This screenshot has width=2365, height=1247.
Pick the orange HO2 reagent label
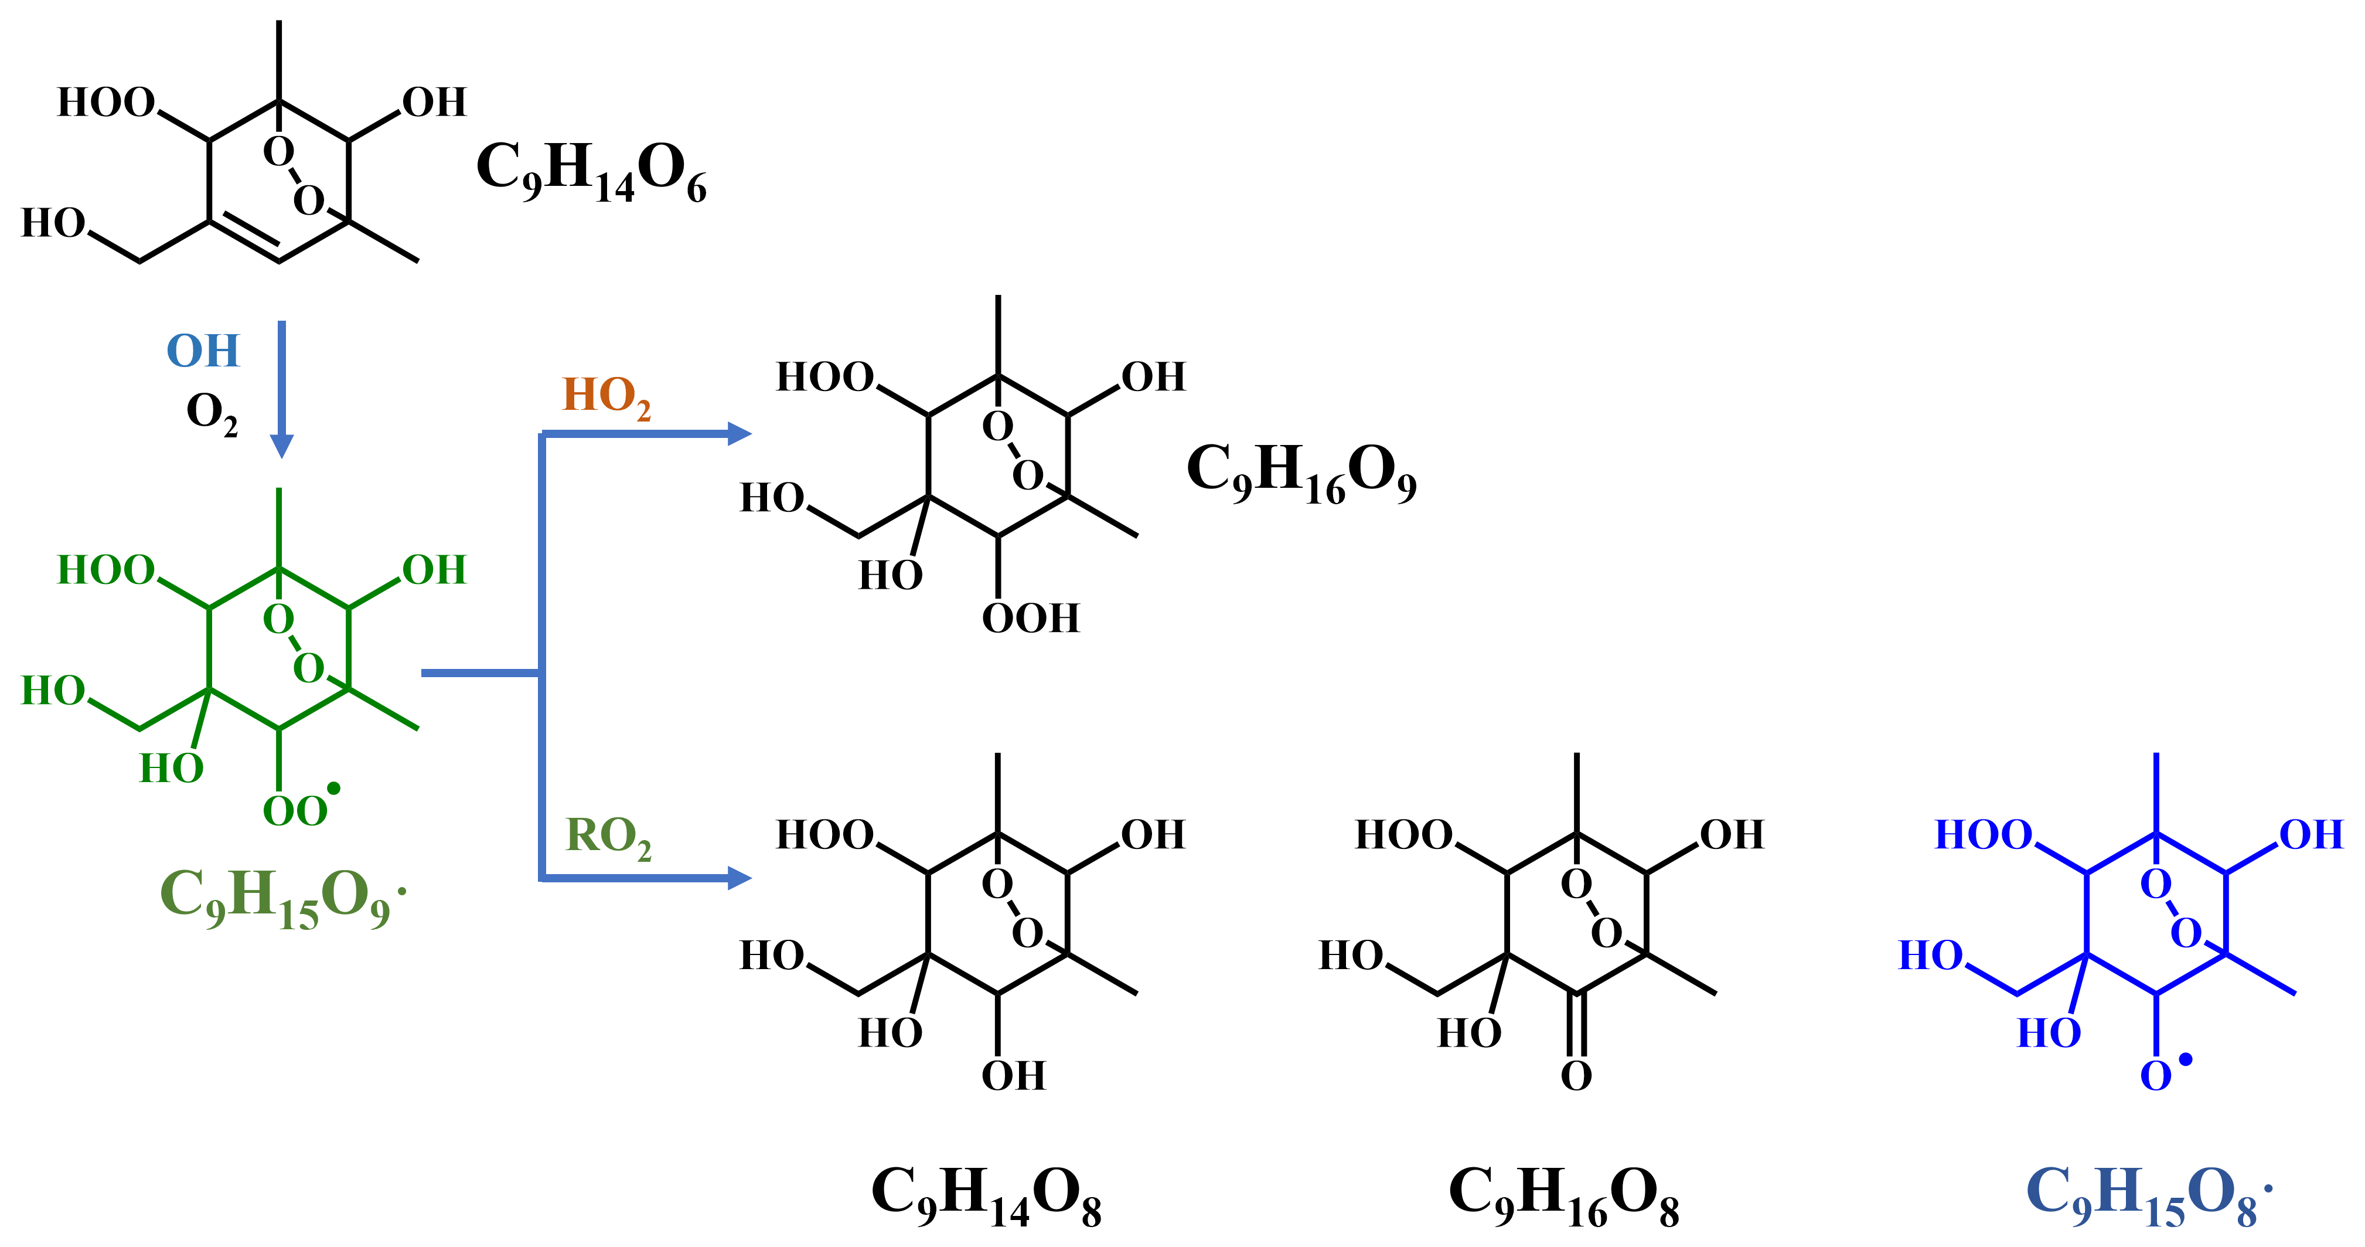(606, 397)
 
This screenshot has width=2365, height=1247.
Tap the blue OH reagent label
(203, 351)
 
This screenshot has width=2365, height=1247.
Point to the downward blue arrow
(282, 386)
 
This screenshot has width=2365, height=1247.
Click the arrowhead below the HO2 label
(738, 433)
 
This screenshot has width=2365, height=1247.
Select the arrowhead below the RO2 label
(738, 878)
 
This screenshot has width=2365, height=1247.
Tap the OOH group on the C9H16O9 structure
(1030, 618)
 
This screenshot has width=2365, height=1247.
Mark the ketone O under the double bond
(1576, 1075)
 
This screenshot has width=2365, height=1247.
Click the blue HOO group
(1983, 835)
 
